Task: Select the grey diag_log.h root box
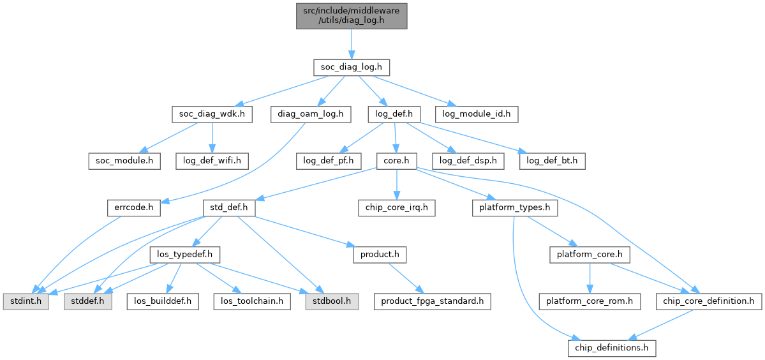351,15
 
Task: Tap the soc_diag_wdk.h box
212,114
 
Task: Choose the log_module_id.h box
476,114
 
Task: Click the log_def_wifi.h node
212,161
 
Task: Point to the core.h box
396,161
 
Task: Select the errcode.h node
134,207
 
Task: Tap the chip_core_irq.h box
396,207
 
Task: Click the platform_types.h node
515,207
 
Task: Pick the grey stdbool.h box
331,301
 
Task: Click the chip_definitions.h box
612,347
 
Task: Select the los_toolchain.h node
251,301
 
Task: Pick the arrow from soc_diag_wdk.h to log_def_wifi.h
212,137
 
